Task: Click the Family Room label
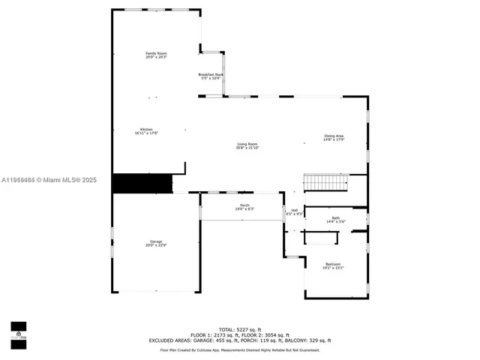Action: click(x=156, y=53)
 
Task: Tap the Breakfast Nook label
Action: click(x=211, y=74)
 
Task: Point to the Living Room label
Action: click(x=247, y=143)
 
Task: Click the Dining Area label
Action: click(x=334, y=136)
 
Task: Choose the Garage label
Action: click(x=156, y=241)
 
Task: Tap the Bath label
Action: click(x=335, y=217)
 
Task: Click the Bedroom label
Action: click(x=333, y=263)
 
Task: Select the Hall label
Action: click(x=294, y=210)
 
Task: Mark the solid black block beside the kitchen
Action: click(x=142, y=184)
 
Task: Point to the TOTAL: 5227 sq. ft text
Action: click(x=239, y=330)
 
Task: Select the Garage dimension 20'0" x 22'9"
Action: click(x=156, y=245)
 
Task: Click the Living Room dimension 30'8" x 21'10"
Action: click(x=247, y=148)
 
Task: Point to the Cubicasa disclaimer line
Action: click(x=239, y=349)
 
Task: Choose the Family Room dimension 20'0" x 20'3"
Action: click(x=156, y=58)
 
